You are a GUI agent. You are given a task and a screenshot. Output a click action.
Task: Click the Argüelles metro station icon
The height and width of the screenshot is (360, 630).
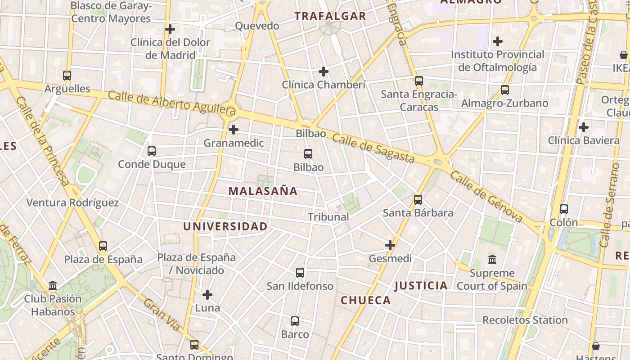tap(67, 76)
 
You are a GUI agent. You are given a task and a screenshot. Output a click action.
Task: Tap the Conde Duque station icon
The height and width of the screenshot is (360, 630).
tap(152, 151)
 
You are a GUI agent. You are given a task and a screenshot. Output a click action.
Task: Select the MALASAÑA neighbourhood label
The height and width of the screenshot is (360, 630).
tap(263, 191)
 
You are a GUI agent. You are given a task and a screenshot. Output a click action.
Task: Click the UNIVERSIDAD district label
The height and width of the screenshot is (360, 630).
tap(225, 226)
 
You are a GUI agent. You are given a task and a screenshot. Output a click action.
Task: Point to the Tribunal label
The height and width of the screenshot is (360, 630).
tap(328, 217)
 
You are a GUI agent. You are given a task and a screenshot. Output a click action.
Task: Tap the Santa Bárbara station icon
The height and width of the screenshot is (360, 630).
tap(418, 200)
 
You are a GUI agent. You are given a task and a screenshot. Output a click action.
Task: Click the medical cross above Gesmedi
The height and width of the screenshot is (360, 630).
tap(390, 245)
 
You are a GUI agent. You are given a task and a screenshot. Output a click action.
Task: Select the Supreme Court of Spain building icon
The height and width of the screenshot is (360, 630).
tap(492, 260)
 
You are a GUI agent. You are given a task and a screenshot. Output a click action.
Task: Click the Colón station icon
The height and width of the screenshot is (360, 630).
tap(564, 209)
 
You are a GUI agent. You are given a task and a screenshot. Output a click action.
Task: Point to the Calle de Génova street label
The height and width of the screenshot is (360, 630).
tap(486, 197)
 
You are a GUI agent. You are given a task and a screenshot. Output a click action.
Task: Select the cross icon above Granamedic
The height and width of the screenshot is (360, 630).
tap(233, 130)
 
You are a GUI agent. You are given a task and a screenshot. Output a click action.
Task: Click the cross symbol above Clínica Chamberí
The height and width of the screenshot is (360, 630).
tap(324, 72)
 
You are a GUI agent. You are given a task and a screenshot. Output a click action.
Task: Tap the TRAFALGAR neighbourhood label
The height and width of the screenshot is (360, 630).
tap(330, 16)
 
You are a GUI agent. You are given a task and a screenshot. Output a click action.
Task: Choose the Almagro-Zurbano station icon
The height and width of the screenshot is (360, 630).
tap(505, 90)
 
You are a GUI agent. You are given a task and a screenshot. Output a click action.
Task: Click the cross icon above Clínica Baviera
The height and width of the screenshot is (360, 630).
tap(584, 127)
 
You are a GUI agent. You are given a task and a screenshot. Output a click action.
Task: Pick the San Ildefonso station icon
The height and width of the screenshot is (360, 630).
tap(300, 273)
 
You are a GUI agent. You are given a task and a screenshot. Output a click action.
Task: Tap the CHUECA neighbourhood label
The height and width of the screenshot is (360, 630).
tap(366, 300)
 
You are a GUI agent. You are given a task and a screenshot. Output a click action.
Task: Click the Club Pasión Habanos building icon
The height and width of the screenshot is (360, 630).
tap(53, 286)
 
